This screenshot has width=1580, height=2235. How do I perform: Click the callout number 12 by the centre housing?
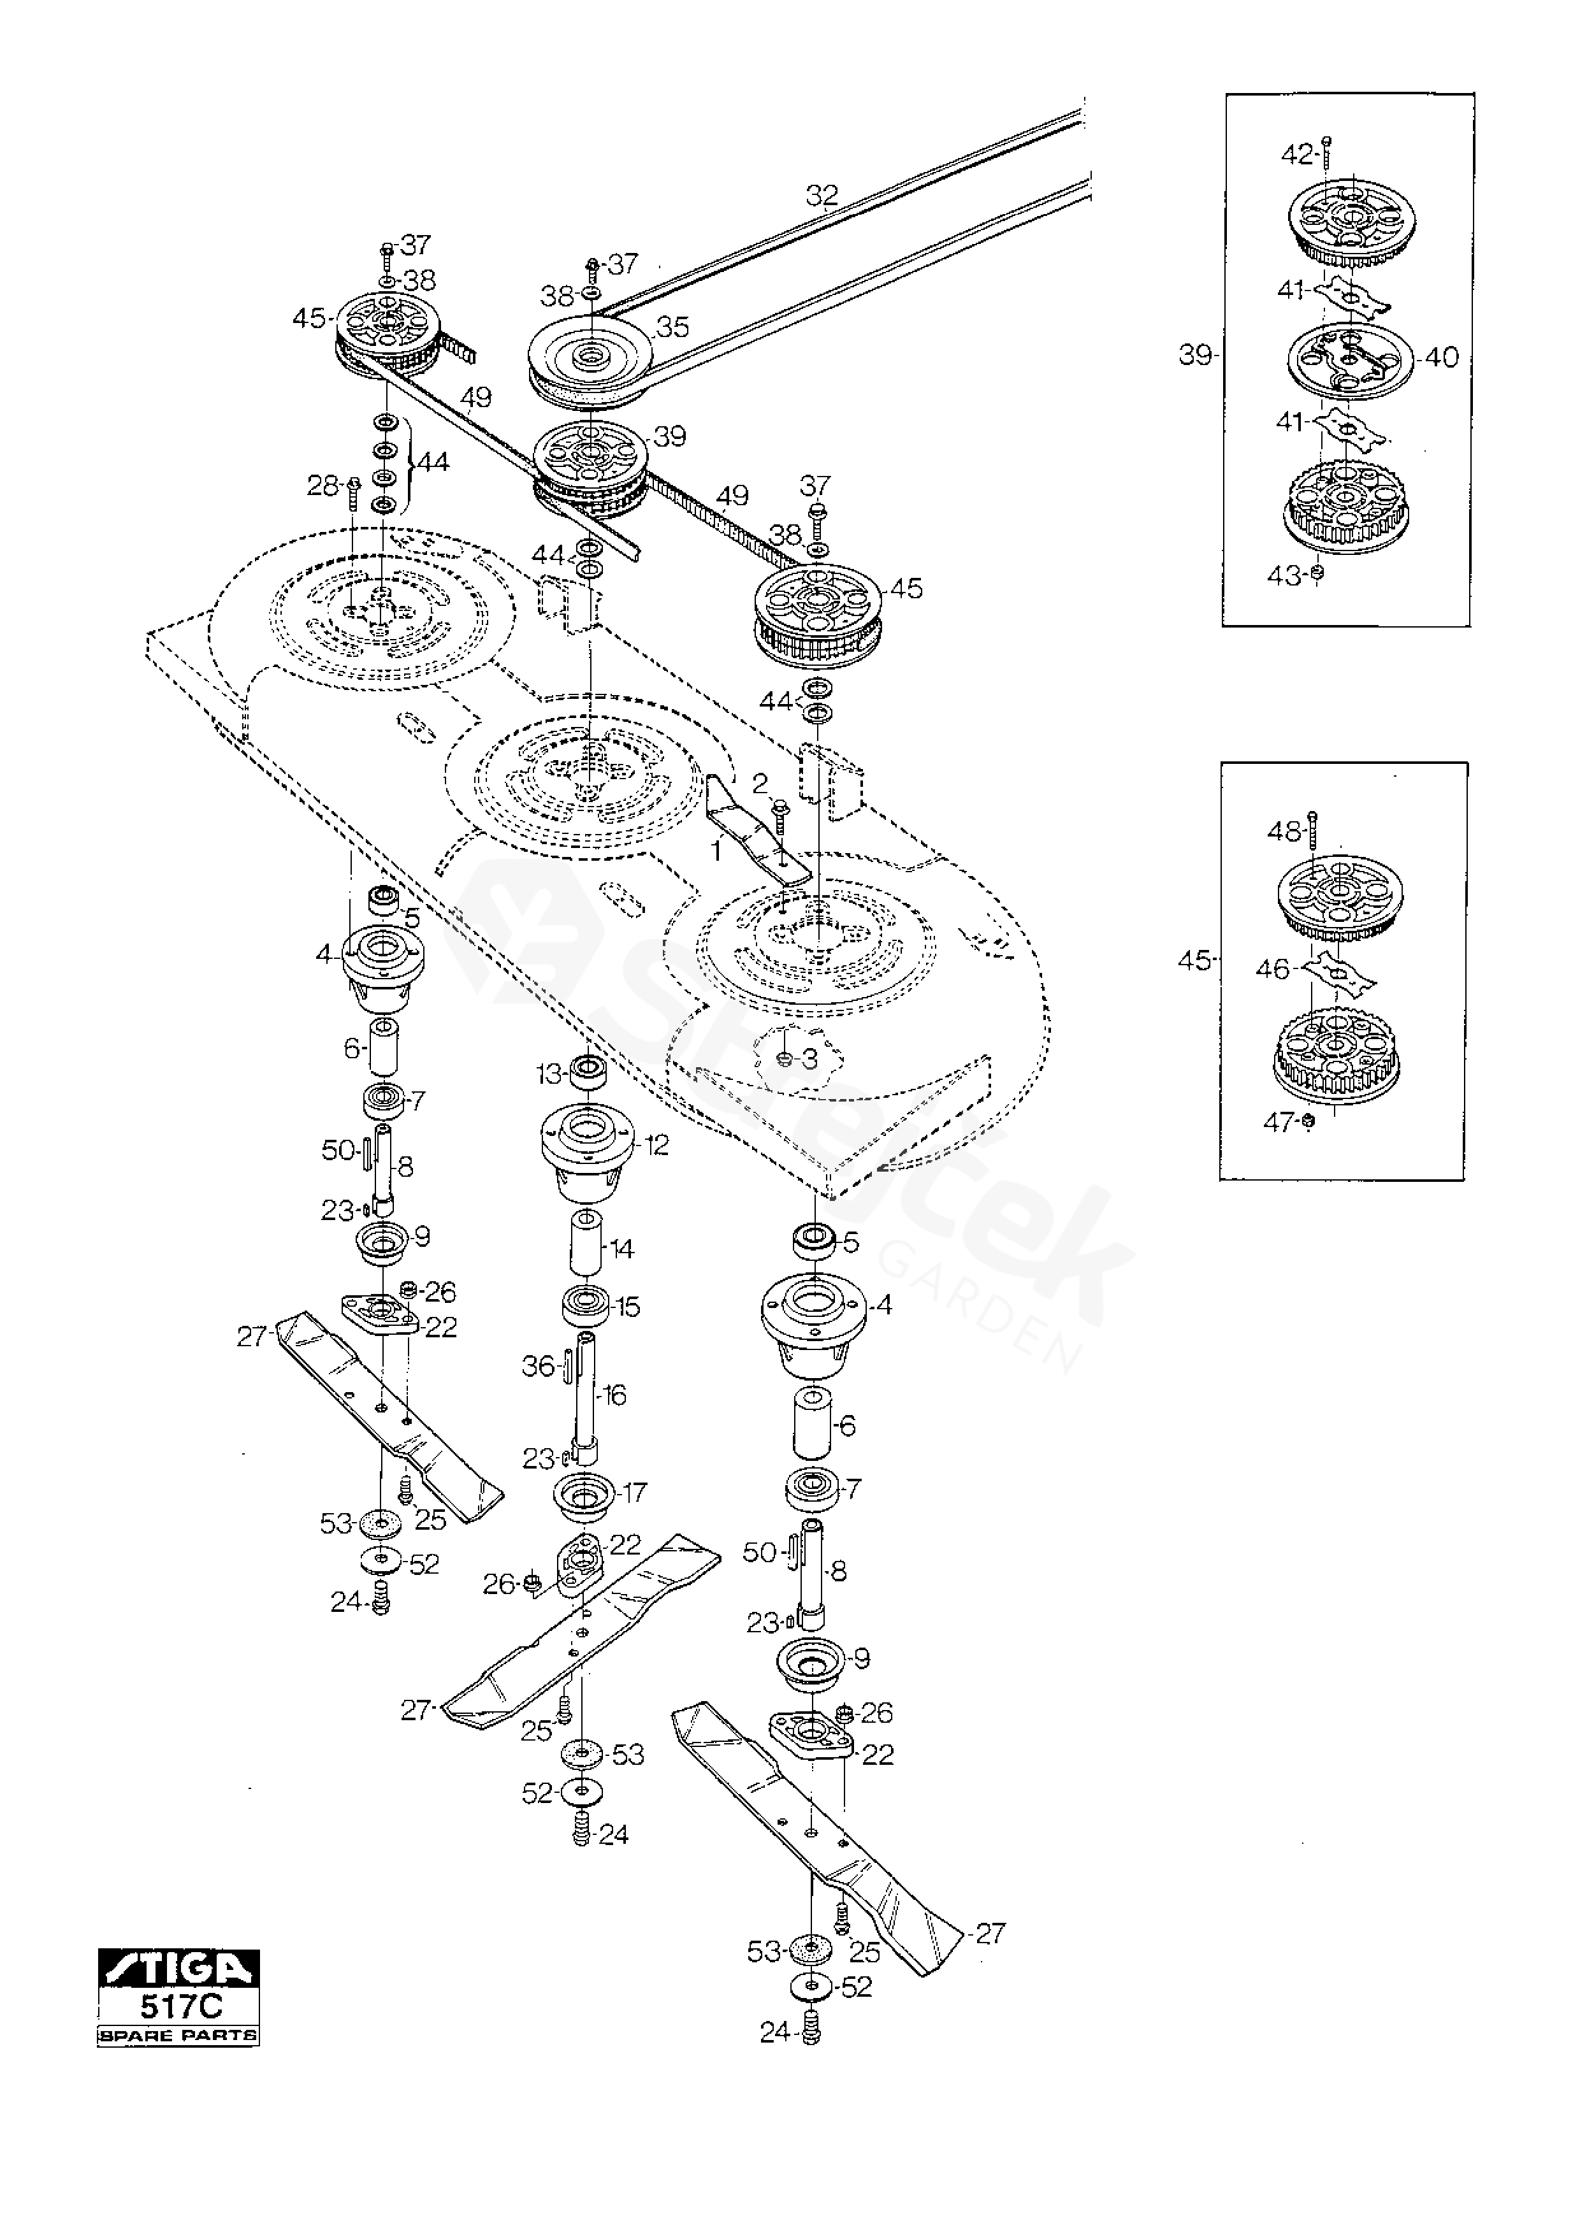coord(657,1145)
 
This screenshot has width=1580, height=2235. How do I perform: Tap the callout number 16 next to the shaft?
coord(615,1395)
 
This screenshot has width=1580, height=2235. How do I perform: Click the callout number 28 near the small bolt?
coord(323,485)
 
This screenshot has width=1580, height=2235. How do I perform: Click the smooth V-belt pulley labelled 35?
coord(588,358)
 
